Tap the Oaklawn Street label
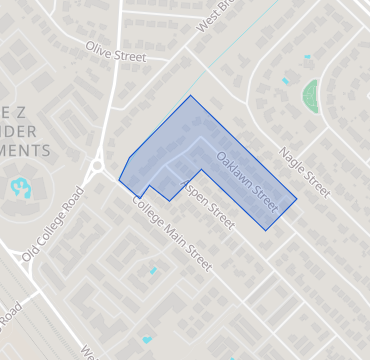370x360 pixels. click(246, 174)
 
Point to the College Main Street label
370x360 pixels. click(171, 232)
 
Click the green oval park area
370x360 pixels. click(311, 95)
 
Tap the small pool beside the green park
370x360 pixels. click(285, 81)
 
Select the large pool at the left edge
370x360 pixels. click(19, 187)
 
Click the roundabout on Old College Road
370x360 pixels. click(97, 166)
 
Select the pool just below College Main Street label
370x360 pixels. click(152, 270)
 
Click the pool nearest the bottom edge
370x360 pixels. click(148, 339)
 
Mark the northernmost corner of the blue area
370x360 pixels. click(191, 96)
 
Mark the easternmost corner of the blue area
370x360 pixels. click(297, 199)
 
